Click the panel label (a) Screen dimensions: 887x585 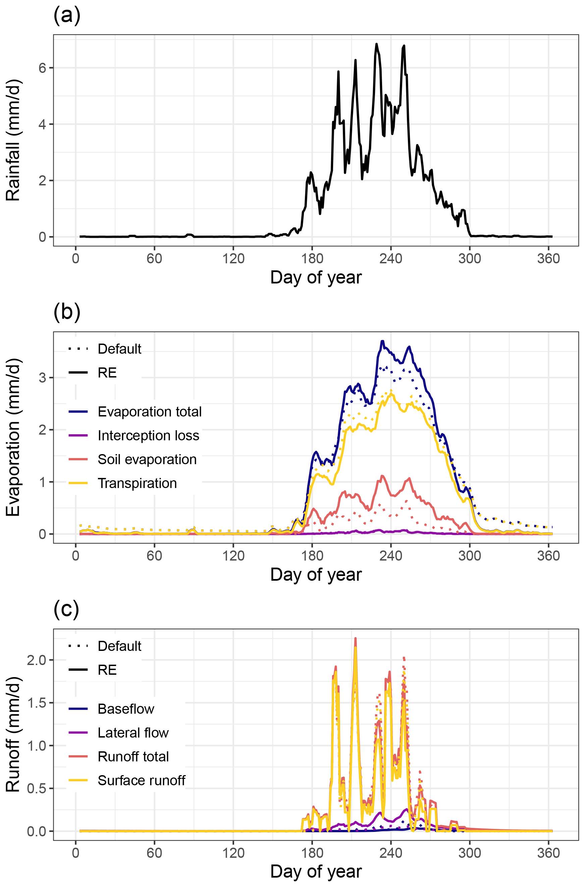tap(67, 16)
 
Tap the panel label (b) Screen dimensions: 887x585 tap(67, 312)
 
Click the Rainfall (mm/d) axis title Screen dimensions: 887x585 tap(13, 140)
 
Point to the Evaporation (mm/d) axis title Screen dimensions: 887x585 tap(13, 437)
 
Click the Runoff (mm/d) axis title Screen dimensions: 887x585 tap(13, 734)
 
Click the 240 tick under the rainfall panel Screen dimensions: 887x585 tap(391, 259)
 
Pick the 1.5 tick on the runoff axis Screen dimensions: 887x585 tap(37, 703)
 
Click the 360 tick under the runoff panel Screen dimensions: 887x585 tap(548, 853)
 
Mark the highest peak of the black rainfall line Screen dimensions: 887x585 tap(376, 44)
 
